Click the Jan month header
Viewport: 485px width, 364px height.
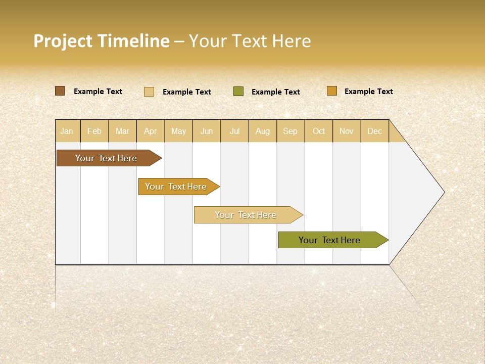pyautogui.click(x=67, y=131)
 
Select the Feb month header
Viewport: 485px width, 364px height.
pyautogui.click(x=94, y=131)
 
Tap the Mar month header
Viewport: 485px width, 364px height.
pyautogui.click(x=122, y=131)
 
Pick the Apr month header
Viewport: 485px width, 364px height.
pyautogui.click(x=151, y=131)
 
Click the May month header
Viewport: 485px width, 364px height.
pyautogui.click(x=178, y=131)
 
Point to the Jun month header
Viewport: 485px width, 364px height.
pyautogui.click(x=207, y=131)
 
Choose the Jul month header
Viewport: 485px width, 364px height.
pyautogui.click(x=234, y=131)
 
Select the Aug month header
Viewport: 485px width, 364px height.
pyautogui.click(x=263, y=131)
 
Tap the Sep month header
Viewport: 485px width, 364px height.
pyautogui.click(x=290, y=131)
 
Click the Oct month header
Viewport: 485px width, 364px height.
pyautogui.click(x=319, y=131)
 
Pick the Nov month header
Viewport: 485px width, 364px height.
pyautogui.click(x=347, y=131)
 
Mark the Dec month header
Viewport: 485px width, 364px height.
pyautogui.click(x=375, y=131)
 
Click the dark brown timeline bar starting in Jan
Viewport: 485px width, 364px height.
pyautogui.click(x=107, y=158)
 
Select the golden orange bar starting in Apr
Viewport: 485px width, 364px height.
pyautogui.click(x=176, y=187)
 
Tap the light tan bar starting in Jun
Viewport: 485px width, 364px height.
pyautogui.click(x=246, y=215)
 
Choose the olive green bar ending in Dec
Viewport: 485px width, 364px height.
pyautogui.click(x=330, y=240)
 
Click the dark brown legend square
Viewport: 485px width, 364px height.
pyautogui.click(x=60, y=91)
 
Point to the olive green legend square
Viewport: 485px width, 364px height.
pyautogui.click(x=238, y=92)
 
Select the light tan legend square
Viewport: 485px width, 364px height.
pyautogui.click(x=149, y=92)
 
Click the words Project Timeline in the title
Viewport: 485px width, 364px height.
pyautogui.click(x=101, y=41)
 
